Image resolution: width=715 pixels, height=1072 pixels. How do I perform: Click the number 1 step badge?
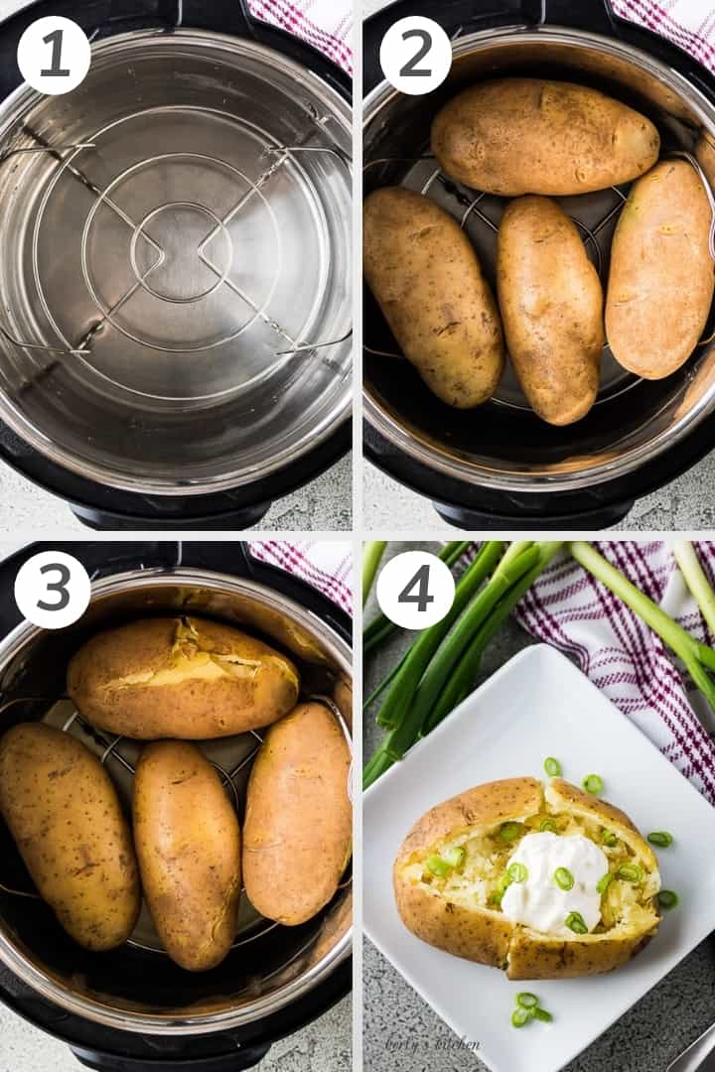pyautogui.click(x=54, y=55)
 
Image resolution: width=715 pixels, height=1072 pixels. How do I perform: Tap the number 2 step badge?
pyautogui.click(x=415, y=55)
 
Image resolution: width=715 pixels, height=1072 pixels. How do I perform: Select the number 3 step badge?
pyautogui.click(x=54, y=590)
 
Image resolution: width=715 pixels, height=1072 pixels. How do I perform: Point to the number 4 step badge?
pyautogui.click(x=415, y=590)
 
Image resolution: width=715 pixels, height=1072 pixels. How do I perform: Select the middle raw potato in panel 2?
pyautogui.click(x=549, y=307)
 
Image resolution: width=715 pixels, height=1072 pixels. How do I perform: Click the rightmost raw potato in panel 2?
pyautogui.click(x=661, y=269)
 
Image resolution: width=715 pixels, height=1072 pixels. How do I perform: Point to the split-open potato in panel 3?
pyautogui.click(x=183, y=677)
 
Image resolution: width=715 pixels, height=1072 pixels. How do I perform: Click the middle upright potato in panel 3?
pyautogui.click(x=188, y=853)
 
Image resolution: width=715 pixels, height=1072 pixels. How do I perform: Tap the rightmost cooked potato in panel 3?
pyautogui.click(x=297, y=812)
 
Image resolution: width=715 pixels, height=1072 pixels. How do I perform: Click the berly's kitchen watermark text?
pyautogui.click(x=433, y=1043)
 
